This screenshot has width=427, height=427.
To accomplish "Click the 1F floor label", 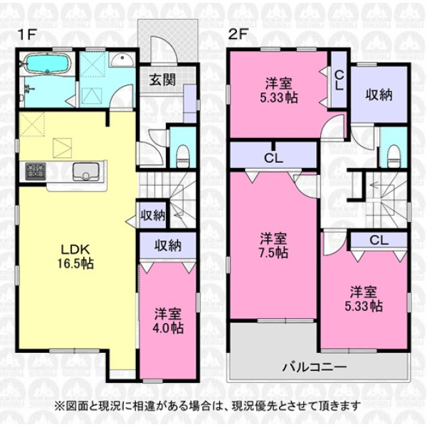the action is click(x=27, y=35).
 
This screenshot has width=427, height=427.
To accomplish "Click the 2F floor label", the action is click(x=238, y=35).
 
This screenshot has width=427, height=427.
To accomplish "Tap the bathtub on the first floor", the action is click(x=48, y=63).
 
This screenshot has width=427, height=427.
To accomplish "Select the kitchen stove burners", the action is click(x=36, y=172).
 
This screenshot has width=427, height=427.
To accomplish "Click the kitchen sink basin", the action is click(x=85, y=172).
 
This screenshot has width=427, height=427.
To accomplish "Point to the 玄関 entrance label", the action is click(x=162, y=80).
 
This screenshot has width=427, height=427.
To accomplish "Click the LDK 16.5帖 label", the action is click(x=75, y=256).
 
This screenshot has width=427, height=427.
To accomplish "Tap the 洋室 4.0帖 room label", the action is click(x=168, y=321).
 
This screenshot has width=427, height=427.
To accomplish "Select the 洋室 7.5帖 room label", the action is click(x=273, y=246).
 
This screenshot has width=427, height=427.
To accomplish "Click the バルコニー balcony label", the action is click(x=315, y=367).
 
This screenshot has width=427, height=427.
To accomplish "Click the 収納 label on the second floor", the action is click(x=379, y=95).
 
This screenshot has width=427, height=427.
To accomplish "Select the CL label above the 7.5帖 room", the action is click(x=273, y=158).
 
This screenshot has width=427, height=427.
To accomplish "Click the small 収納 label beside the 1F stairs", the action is click(x=153, y=216).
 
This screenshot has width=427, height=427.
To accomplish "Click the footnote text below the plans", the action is click(x=207, y=406).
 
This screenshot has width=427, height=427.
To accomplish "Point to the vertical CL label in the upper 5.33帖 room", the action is click(x=339, y=80).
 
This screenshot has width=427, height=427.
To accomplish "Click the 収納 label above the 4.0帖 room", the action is click(x=168, y=246).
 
